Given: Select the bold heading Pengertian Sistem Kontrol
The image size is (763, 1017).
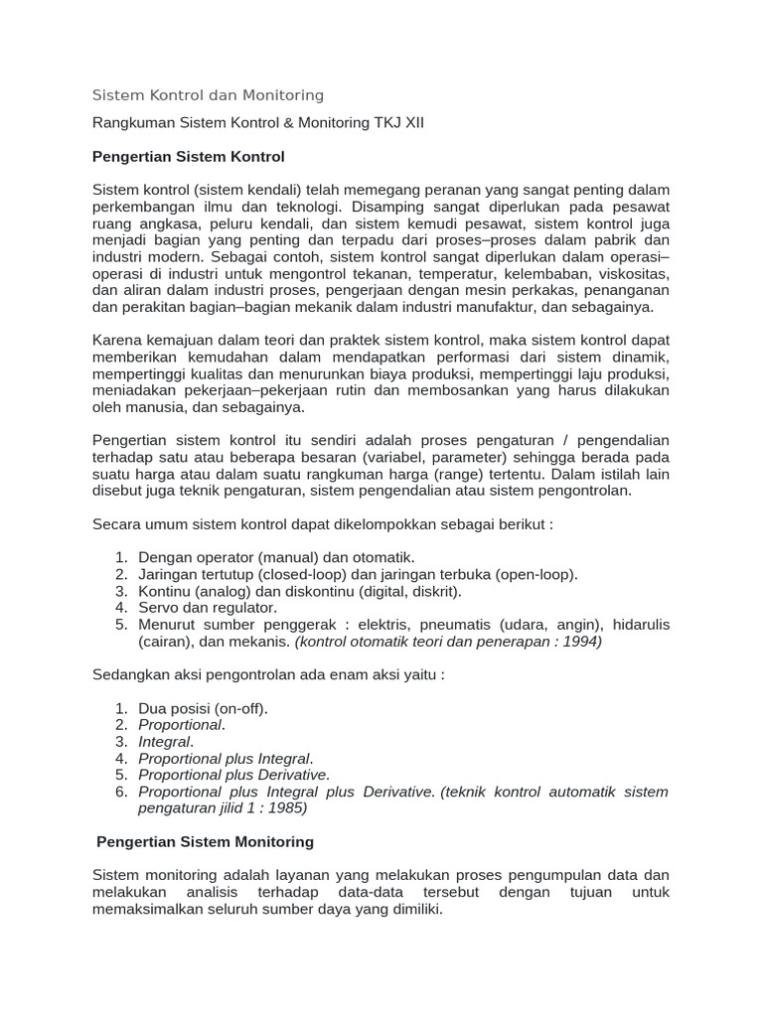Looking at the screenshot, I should [x=188, y=157].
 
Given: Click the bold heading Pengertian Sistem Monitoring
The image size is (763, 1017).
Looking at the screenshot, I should [x=205, y=841].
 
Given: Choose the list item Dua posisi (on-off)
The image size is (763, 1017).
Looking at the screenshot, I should [x=204, y=708].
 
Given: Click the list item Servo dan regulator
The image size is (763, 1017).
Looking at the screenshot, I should [x=208, y=607].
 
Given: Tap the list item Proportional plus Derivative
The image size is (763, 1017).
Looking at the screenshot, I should [x=232, y=775].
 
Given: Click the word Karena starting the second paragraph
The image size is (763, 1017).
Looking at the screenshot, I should [x=115, y=340].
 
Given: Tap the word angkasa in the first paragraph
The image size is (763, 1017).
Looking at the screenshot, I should [x=156, y=222].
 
